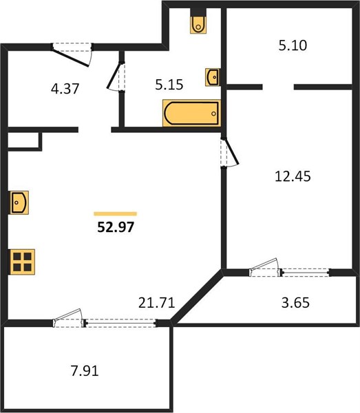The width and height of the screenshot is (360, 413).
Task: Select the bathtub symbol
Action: point(191,113)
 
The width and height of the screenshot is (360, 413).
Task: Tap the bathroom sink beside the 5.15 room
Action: point(213,77)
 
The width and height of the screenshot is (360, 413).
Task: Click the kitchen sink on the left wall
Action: point(19,202)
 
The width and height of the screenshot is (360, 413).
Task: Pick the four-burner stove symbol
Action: point(23,262)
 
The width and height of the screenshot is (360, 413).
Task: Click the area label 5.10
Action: point(293,45)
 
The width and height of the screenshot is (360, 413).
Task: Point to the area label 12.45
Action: point(293,176)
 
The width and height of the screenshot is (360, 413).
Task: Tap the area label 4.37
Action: point(65,89)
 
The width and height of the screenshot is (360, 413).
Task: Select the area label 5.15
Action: point(169,85)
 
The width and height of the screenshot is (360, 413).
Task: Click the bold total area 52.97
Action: point(116,226)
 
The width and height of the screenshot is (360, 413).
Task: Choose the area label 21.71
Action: point(157,303)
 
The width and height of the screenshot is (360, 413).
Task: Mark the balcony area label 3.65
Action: point(295,303)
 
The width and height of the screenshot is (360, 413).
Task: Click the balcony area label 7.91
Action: point(85,371)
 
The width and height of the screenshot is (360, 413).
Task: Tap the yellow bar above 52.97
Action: point(116,214)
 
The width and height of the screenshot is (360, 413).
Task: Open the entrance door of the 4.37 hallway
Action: point(72,54)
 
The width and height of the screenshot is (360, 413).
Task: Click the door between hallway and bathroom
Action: point(116,76)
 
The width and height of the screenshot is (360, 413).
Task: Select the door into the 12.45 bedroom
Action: point(229,152)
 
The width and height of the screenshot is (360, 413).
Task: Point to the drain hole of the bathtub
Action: point(213,114)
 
